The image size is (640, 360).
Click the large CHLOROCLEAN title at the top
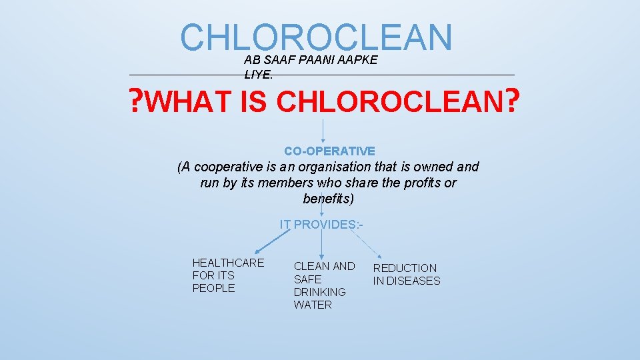(316, 37)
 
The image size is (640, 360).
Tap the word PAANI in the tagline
(316, 60)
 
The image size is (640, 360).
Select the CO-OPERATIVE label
(329, 151)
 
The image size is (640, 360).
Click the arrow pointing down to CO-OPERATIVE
(323, 131)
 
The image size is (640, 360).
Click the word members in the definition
(272, 183)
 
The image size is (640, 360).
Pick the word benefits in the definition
(327, 199)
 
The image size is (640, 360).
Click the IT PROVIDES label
(321, 225)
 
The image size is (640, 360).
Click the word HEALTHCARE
(228, 263)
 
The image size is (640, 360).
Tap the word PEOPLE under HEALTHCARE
(213, 288)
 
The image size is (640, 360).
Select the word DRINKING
(319, 292)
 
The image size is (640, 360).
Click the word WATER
(312, 305)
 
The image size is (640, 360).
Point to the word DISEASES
(413, 281)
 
